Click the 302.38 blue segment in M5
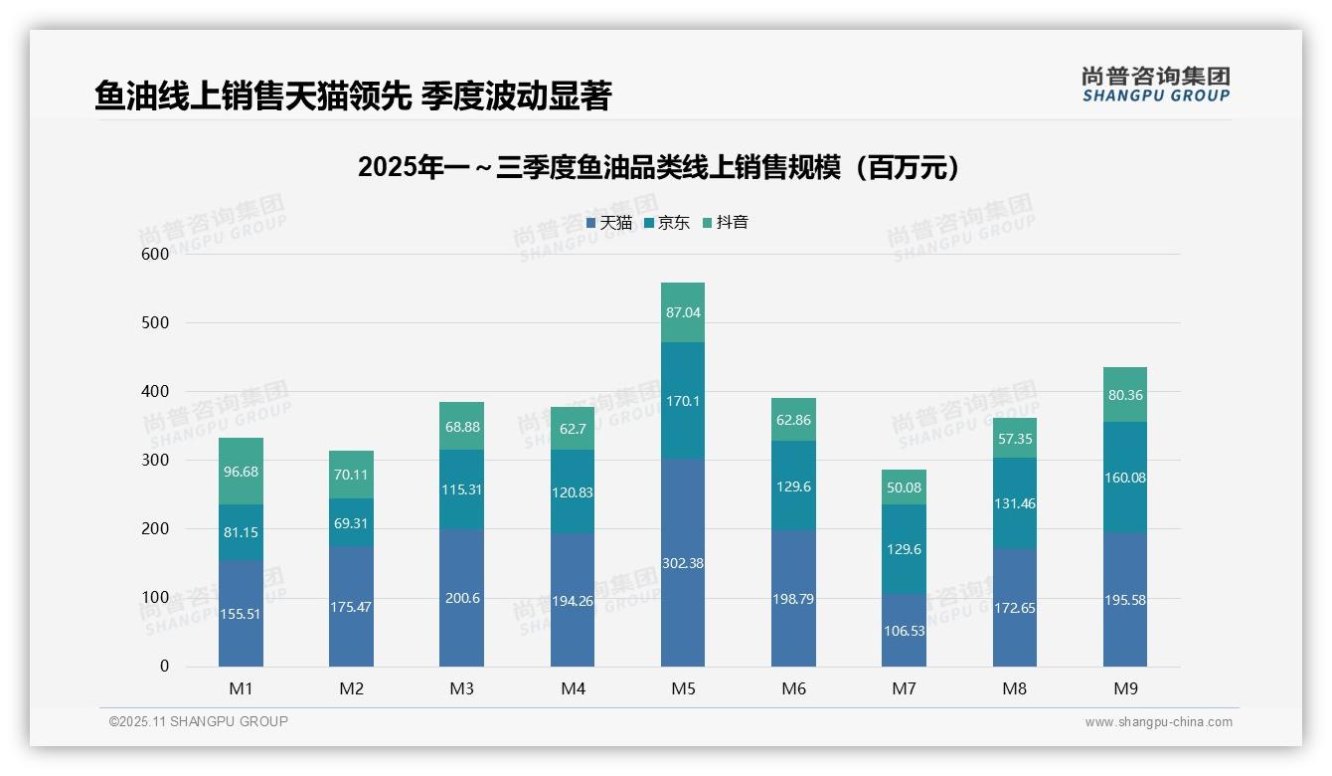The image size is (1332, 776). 682,562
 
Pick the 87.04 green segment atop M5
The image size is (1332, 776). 682,312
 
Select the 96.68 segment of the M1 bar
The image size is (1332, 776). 241,471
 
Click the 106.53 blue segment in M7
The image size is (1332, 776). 904,630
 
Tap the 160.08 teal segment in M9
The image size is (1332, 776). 1124,478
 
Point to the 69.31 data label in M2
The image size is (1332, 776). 351,522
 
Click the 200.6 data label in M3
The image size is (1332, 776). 461,598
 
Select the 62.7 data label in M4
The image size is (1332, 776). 573,429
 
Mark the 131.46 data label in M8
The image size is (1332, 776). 1014,503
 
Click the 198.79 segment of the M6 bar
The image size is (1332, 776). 793,598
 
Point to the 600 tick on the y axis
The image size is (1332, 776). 154,254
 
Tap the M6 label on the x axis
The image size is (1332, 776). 793,688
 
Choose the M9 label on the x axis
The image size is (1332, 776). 1124,688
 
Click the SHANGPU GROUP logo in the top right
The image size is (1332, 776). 1155,85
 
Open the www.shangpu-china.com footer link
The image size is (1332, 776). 1158,722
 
